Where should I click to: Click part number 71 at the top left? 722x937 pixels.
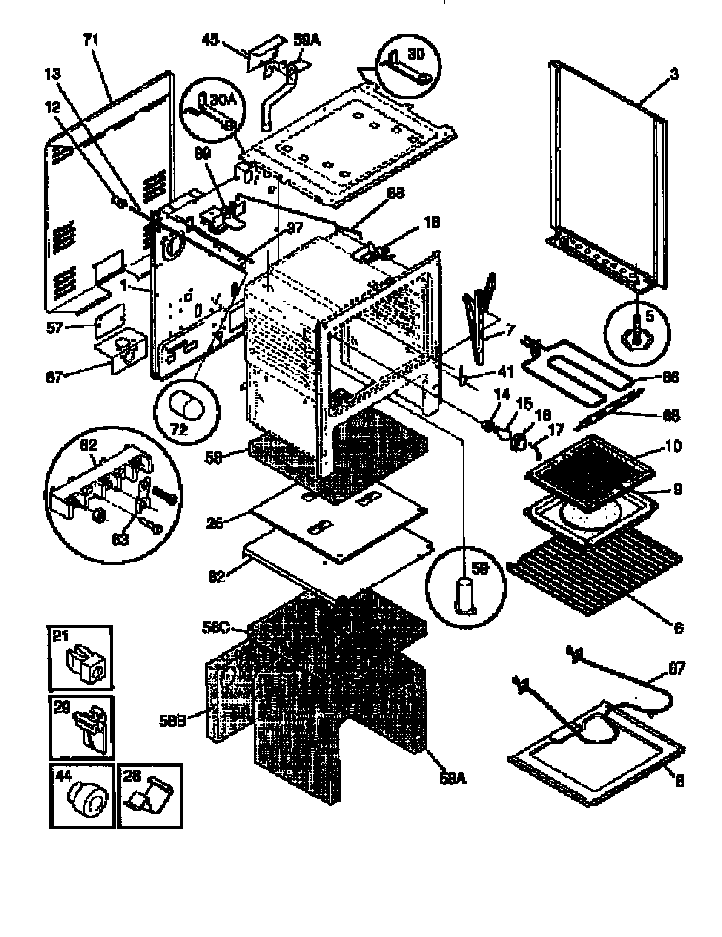[x=91, y=40]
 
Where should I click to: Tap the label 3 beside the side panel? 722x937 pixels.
[x=674, y=74]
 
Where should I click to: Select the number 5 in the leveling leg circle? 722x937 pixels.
[x=650, y=316]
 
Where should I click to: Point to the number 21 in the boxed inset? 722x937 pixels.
[x=60, y=635]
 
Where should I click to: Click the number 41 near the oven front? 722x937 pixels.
[x=506, y=371]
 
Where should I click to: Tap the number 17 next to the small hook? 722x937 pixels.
[x=556, y=429]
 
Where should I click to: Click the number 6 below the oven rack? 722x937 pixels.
[x=678, y=628]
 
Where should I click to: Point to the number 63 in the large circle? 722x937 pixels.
[x=120, y=539]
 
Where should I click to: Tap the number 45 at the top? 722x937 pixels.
[x=210, y=40]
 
